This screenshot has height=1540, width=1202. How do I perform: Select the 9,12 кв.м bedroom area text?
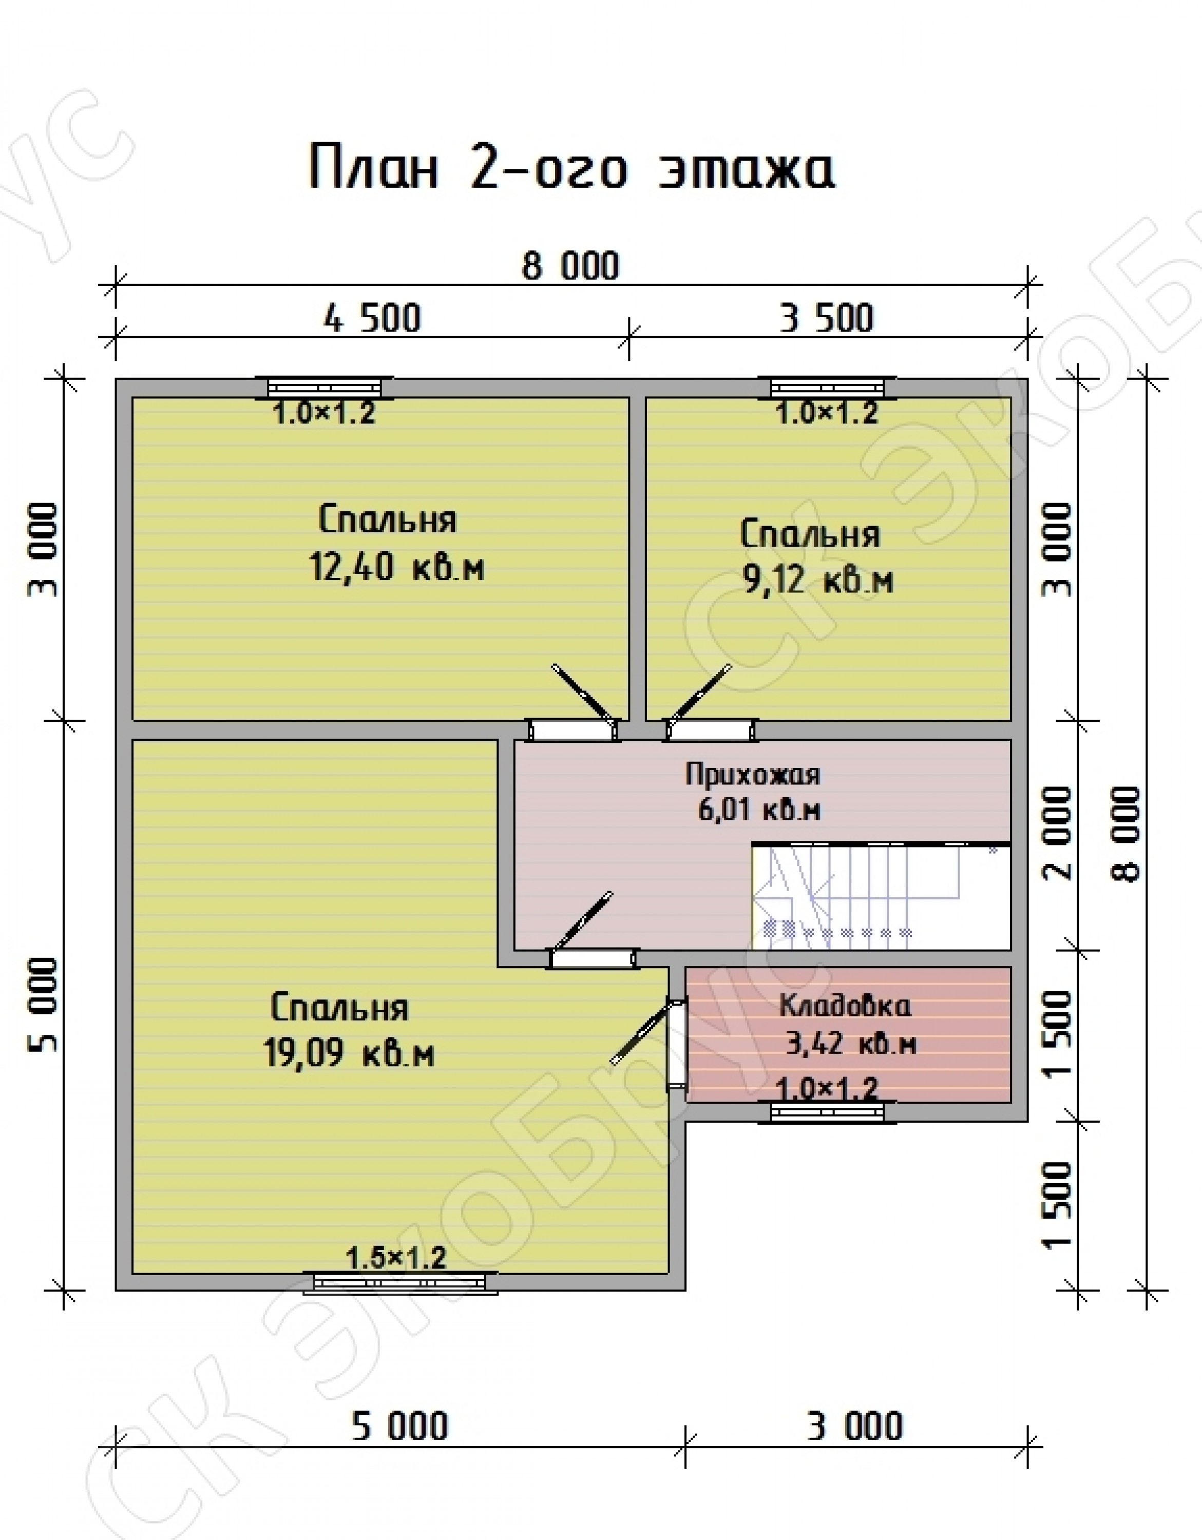coord(818,580)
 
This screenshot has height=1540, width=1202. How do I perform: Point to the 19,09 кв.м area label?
coord(349,1053)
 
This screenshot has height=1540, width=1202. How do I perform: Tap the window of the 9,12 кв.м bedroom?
coord(827,387)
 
